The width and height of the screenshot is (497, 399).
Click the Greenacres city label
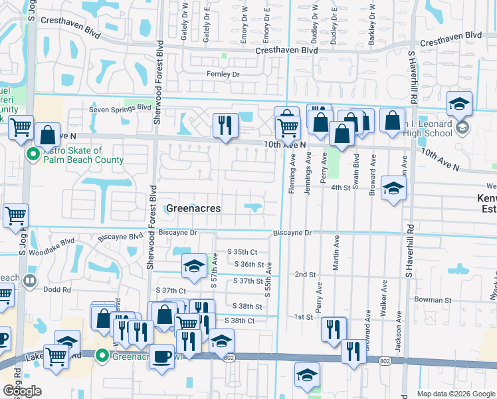click(x=193, y=208)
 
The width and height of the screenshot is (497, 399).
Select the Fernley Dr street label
click(x=223, y=74)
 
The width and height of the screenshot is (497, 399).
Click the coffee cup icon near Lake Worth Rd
click(x=161, y=356)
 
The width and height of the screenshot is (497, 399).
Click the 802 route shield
click(x=229, y=358)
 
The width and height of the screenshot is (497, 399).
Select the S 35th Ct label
click(x=242, y=252)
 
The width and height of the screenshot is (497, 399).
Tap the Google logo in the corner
click(x=22, y=391)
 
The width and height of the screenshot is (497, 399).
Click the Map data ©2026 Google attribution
click(x=456, y=394)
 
